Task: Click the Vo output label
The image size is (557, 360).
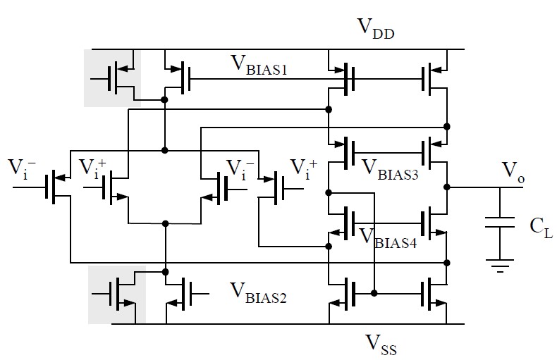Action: coord(513,170)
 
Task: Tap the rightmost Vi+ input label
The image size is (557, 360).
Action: coord(303,168)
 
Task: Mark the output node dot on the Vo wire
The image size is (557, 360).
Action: coord(447,187)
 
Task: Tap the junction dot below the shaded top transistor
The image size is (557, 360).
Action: coord(164,100)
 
